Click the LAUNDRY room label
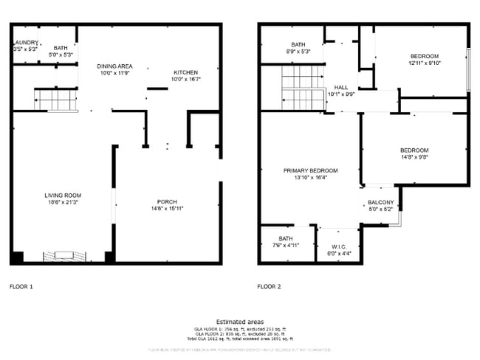pyautogui.click(x=24, y=44)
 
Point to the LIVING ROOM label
pyautogui.click(x=62, y=195)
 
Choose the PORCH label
pyautogui.click(x=166, y=202)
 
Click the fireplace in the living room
pyautogui.click(x=64, y=256)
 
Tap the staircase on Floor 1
pyautogui.click(x=56, y=99)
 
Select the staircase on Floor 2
pyautogui.click(x=303, y=88)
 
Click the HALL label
pyautogui.click(x=340, y=87)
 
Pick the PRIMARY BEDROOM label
pyautogui.click(x=310, y=170)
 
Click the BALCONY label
pyautogui.click(x=381, y=202)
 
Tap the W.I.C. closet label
pyautogui.click(x=339, y=247)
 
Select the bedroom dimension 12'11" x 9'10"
pyautogui.click(x=425, y=63)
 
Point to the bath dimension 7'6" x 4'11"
pyautogui.click(x=285, y=245)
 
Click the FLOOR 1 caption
pyautogui.click(x=21, y=286)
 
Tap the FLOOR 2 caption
pyautogui.click(x=270, y=286)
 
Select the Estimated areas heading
pyautogui.click(x=240, y=322)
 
